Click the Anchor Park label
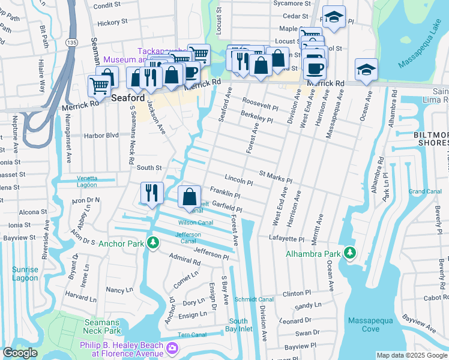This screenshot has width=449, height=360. [x=121, y=244]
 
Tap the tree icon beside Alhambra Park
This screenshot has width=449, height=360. [x=350, y=253]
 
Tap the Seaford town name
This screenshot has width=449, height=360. [x=128, y=98]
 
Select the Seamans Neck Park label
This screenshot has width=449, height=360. [x=102, y=326]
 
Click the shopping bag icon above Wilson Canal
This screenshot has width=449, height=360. [x=189, y=196]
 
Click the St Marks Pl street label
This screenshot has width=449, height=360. [x=275, y=176]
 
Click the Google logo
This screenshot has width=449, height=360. [x=19, y=353]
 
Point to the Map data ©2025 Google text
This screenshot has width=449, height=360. [x=412, y=355]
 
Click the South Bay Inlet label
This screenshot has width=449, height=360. [x=238, y=325]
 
